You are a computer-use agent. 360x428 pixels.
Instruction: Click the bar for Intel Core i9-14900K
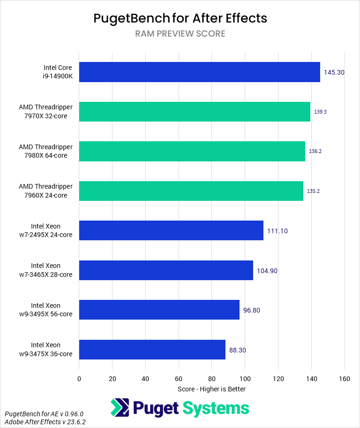(199, 72)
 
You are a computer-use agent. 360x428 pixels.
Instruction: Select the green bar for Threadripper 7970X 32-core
(195, 112)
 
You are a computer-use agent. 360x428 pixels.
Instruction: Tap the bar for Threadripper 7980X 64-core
(192, 151)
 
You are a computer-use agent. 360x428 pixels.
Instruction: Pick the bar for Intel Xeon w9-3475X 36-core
(152, 349)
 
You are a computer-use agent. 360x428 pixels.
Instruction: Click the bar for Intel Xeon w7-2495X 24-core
(171, 230)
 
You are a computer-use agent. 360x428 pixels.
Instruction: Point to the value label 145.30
(334, 72)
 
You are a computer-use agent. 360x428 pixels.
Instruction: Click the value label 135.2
(313, 191)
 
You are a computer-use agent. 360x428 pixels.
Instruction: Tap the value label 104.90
(267, 271)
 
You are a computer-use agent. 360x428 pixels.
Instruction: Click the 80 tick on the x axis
(212, 379)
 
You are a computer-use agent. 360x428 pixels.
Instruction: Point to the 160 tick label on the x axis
(345, 379)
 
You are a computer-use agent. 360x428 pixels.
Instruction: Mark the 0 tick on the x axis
(79, 379)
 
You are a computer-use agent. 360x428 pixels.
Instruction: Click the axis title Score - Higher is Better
(211, 389)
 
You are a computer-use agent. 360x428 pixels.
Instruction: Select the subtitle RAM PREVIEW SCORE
(180, 34)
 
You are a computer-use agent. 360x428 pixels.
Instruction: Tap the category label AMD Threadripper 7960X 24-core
(45, 191)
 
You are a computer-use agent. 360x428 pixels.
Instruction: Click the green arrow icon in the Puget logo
(120, 408)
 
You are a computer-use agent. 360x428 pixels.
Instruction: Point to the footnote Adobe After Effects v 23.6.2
(45, 422)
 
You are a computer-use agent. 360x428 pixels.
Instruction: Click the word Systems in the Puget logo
(216, 408)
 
